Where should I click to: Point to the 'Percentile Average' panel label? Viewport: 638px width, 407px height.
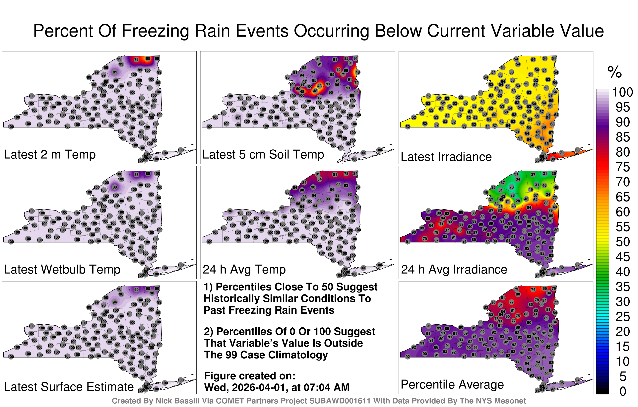pos(452,384)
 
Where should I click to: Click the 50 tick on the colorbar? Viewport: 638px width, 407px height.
pos(623,242)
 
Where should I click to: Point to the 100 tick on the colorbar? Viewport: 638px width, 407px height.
pos(623,92)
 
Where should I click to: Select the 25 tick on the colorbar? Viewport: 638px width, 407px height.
pos(623,317)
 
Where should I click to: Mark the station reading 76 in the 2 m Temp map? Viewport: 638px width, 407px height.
pos(136,60)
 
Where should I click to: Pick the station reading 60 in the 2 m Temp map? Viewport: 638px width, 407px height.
pos(148,59)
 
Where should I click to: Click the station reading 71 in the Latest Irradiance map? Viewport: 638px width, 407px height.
pos(561,153)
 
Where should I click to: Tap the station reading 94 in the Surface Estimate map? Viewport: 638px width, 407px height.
pos(115,302)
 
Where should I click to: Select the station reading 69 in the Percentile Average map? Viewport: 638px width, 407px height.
pos(544,288)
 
